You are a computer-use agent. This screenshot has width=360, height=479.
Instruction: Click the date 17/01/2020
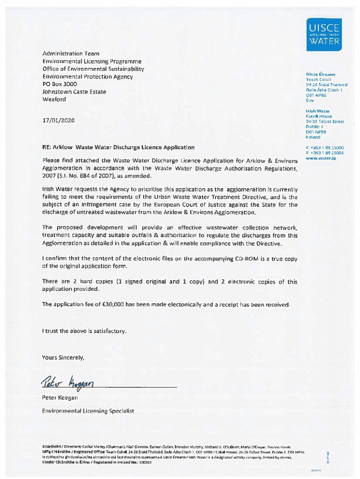pyautogui.click(x=58, y=121)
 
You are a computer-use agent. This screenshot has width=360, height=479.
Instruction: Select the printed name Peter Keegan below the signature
pyautogui.click(x=59, y=398)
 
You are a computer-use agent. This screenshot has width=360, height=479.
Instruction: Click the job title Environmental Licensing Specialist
pyautogui.click(x=88, y=411)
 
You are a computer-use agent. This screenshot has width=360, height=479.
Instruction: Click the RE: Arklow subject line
pyautogui.click(x=118, y=147)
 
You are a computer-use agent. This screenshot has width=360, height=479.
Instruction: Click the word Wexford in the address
pyautogui.click(x=54, y=99)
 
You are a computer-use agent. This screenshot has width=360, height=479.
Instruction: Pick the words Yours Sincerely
pyautogui.click(x=64, y=358)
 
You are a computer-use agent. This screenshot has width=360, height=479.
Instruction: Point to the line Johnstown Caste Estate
pyautogui.click(x=74, y=92)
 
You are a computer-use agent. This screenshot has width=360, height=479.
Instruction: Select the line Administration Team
pyautogui.click(x=71, y=54)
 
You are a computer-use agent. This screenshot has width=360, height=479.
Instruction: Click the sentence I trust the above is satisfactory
pyautogui.click(x=84, y=331)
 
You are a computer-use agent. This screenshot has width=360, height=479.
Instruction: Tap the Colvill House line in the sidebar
pyautogui.click(x=319, y=116)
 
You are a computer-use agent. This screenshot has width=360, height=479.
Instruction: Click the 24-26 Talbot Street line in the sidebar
pyautogui.click(x=324, y=122)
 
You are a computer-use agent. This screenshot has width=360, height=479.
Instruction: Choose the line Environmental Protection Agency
pyautogui.click(x=87, y=77)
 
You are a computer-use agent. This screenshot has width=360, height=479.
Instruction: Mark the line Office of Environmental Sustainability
pyautogui.click(x=93, y=69)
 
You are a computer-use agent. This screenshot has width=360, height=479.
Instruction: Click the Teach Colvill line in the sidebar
pyautogui.click(x=318, y=80)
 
